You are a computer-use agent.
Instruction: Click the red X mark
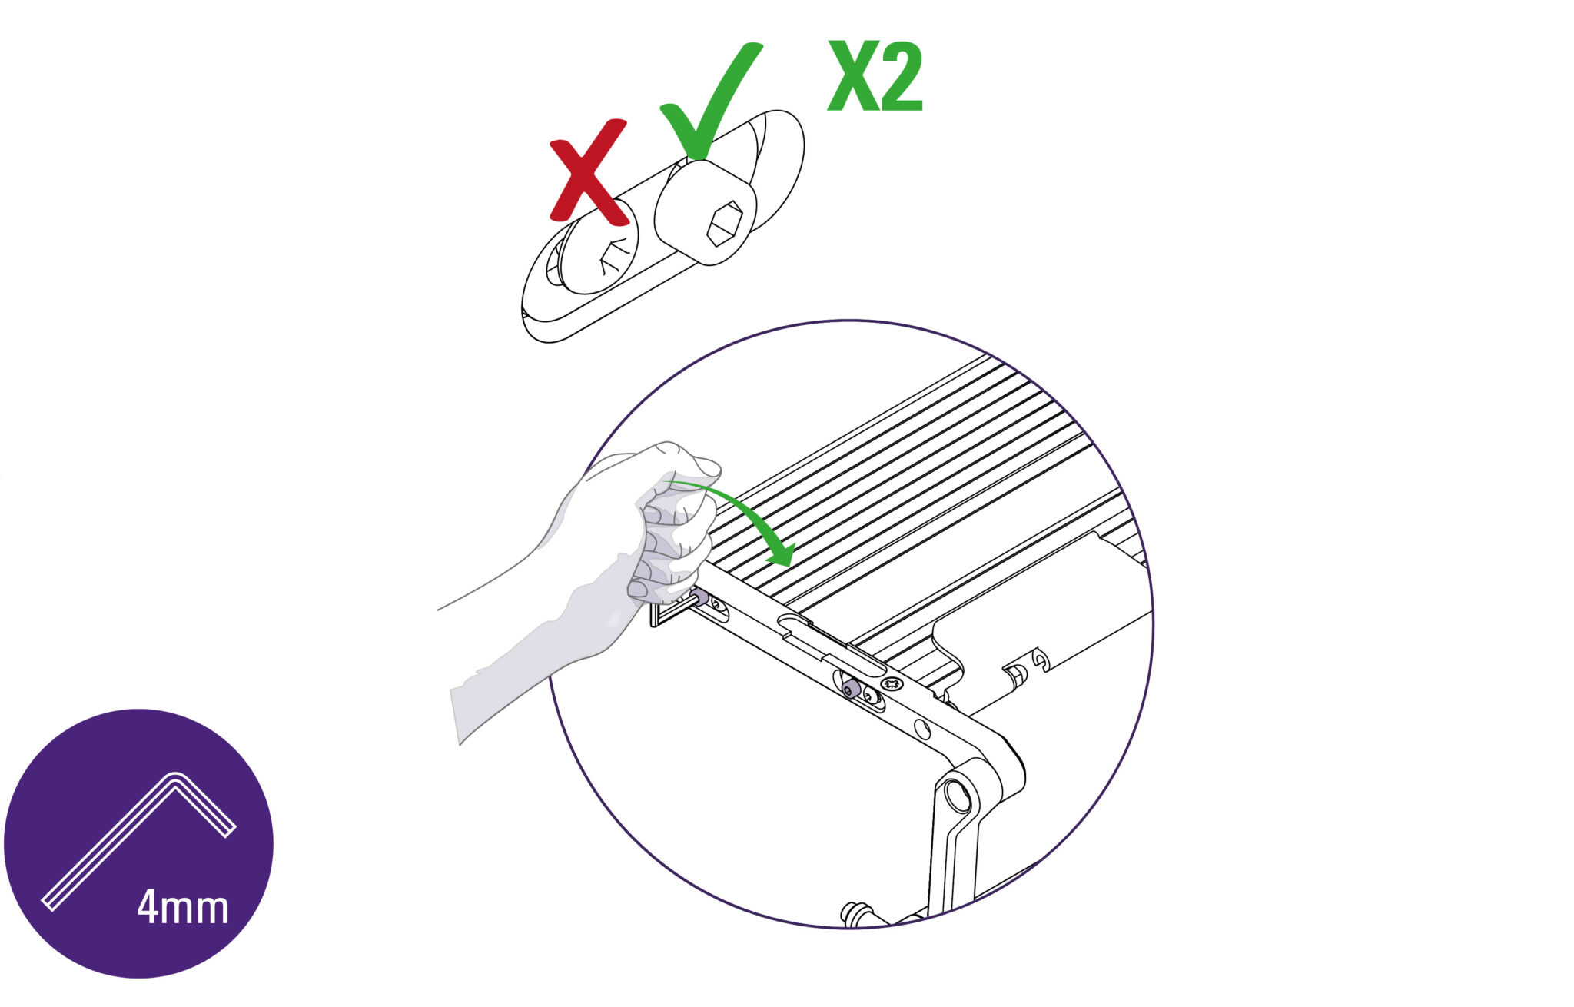pos(587,172)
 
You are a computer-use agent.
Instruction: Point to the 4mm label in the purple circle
pos(183,907)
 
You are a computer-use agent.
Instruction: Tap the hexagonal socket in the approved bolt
pos(724,223)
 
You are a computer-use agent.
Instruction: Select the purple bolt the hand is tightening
pos(700,596)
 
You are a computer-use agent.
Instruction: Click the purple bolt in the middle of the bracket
pos(849,688)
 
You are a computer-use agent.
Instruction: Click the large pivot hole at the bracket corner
pos(958,796)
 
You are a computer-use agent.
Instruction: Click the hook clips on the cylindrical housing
pos(1027,667)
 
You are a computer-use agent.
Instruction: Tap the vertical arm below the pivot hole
pos(953,861)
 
